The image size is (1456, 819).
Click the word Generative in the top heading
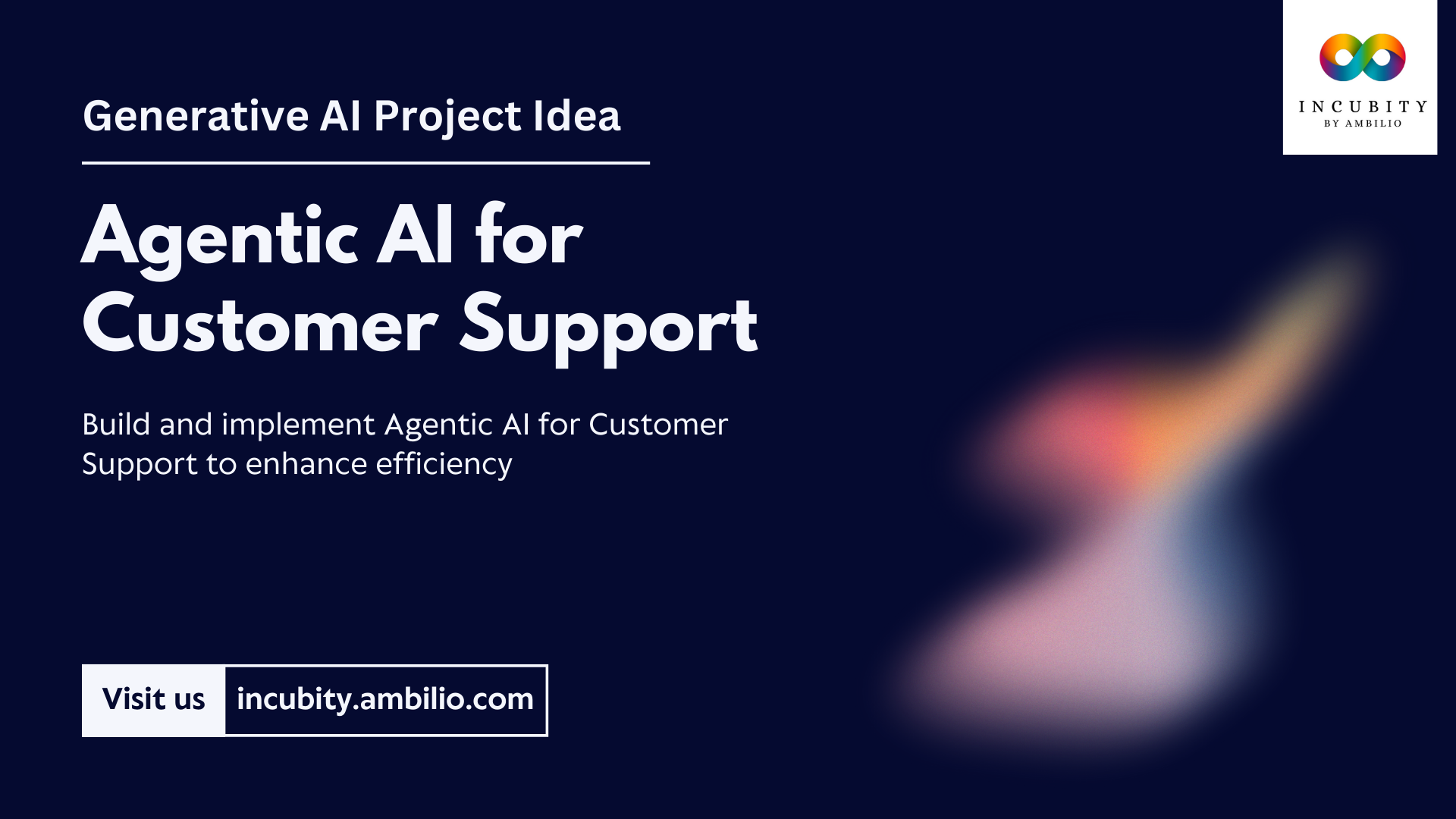pyautogui.click(x=195, y=116)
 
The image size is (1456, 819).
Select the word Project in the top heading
pyautogui.click(x=447, y=118)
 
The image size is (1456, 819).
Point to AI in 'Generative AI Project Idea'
pyautogui.click(x=340, y=116)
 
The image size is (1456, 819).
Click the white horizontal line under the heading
pyautogui.click(x=366, y=162)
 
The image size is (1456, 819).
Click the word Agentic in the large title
pyautogui.click(x=220, y=237)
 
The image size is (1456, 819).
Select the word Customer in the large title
pyautogui.click(x=260, y=326)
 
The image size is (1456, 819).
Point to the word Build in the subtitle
pyautogui.click(x=116, y=425)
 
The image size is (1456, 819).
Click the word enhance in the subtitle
pyautogui.click(x=306, y=464)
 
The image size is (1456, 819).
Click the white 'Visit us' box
pyautogui.click(x=153, y=700)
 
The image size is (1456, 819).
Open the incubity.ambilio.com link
pyautogui.click(x=385, y=700)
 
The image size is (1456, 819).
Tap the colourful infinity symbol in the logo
pyautogui.click(x=1362, y=58)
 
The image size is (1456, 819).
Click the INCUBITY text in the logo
pyautogui.click(x=1362, y=107)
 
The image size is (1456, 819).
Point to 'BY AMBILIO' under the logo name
pyautogui.click(x=1362, y=124)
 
